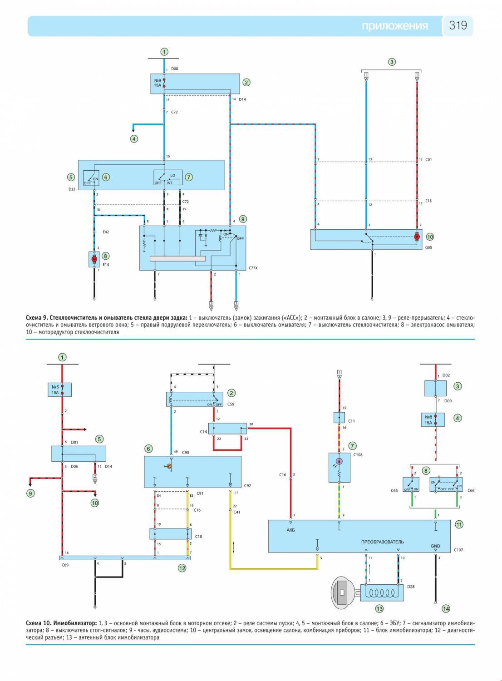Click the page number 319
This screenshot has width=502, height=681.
(458, 25)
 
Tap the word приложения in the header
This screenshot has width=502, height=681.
(394, 26)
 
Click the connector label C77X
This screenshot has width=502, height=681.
(253, 268)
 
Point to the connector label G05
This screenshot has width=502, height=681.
(428, 248)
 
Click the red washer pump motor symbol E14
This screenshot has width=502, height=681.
(94, 259)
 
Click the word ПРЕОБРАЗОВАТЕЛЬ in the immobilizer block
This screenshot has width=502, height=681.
(382, 542)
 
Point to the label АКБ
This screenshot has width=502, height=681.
(291, 530)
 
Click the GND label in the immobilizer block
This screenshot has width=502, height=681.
(435, 546)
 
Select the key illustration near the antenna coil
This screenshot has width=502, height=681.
(345, 592)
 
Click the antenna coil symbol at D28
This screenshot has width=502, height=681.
(382, 592)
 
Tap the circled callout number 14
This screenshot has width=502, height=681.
(446, 609)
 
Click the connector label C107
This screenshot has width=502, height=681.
(458, 550)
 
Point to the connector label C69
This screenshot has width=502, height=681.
(65, 565)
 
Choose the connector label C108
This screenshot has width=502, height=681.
(358, 454)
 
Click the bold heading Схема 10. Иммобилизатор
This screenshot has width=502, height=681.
(61, 623)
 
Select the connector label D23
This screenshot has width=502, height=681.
(72, 189)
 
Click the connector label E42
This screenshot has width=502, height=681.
(105, 232)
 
